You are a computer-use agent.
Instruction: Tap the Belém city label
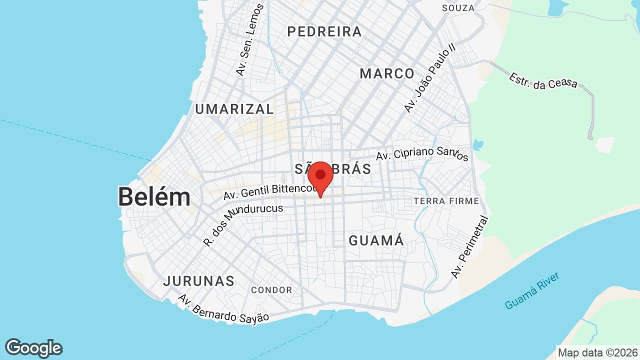point(154,197)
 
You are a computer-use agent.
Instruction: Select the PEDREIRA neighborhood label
point(324,31)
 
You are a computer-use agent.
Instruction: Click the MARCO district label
point(387,73)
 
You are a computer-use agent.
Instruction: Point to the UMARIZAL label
point(234,109)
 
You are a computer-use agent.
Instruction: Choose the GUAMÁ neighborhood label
point(376,240)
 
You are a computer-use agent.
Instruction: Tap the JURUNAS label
point(198,281)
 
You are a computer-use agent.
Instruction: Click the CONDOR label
point(271,290)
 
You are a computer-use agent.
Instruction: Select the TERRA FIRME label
point(446,201)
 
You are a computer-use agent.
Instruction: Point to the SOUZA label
point(458,8)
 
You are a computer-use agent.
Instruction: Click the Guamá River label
point(531,290)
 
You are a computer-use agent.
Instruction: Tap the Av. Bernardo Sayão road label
point(223,308)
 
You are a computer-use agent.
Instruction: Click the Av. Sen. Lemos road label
point(249,40)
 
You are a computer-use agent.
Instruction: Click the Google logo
point(33,348)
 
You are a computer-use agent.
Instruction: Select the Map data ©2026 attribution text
point(597,353)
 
